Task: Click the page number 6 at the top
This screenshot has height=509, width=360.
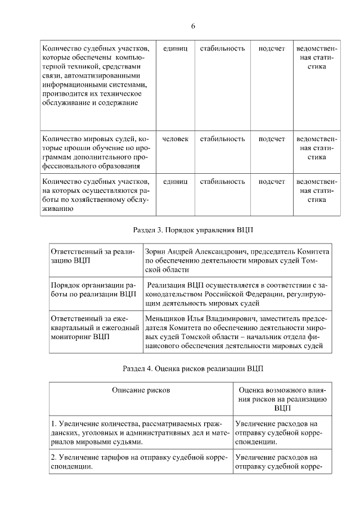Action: point(193,26)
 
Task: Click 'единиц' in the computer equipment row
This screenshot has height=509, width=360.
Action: point(175,48)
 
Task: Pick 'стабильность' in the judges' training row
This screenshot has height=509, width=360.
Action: point(222,139)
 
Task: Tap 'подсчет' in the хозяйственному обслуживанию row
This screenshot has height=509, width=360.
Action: point(272,182)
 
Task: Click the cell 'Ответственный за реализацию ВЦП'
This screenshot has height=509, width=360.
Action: point(92,256)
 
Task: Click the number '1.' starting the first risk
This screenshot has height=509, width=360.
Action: point(54,424)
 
